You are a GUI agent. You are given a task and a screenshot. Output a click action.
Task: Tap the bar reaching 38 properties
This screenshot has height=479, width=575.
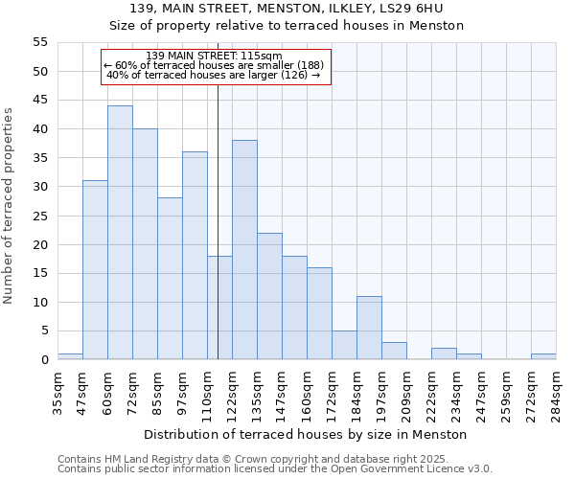coord(244,250)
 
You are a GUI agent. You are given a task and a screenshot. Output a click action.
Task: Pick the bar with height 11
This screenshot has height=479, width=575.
coord(369,328)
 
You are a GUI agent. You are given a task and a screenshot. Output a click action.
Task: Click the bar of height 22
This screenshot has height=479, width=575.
coord(269,296)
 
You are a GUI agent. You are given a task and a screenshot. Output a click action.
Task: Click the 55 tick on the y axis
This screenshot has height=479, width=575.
coord(39,42)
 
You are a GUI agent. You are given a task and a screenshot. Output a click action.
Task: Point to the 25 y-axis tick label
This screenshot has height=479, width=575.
coord(39,216)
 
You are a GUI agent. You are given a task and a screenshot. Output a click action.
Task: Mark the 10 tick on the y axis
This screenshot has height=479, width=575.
coord(39,303)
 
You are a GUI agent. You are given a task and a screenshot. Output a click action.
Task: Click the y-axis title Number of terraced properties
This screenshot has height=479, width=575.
coord(10,206)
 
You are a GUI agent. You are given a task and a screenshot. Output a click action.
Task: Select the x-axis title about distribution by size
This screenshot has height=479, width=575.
coord(305,434)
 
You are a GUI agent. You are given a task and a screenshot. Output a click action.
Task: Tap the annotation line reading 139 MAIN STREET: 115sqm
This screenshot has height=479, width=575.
coord(215,56)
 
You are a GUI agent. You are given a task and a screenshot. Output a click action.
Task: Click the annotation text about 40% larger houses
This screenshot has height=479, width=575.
coord(213,75)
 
